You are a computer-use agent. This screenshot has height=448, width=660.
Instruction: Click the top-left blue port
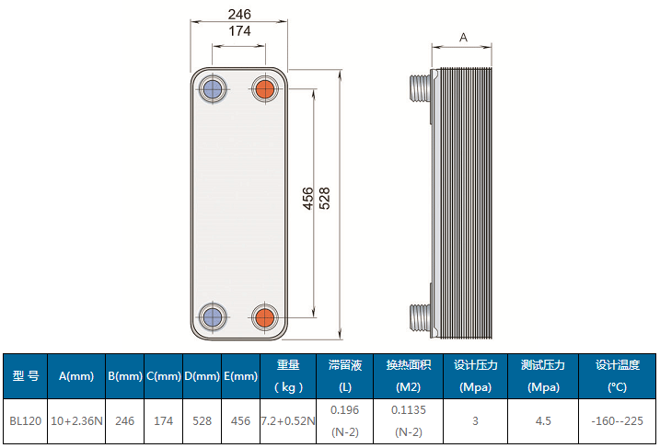[212, 88]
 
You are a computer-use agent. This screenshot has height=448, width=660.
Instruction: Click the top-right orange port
[265, 88]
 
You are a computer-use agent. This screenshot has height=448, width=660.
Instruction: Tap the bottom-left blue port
[212, 317]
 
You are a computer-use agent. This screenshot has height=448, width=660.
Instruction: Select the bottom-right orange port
[265, 317]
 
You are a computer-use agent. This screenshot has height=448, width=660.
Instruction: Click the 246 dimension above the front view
[239, 15]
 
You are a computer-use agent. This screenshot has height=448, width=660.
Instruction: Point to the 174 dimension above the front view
[239, 30]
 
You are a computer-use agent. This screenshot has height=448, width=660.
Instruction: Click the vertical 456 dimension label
[307, 199]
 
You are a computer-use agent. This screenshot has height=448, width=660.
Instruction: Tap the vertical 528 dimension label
[324, 199]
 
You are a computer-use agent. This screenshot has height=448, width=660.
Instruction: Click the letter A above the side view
[463, 38]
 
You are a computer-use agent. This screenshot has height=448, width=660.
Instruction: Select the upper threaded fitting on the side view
[420, 88]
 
